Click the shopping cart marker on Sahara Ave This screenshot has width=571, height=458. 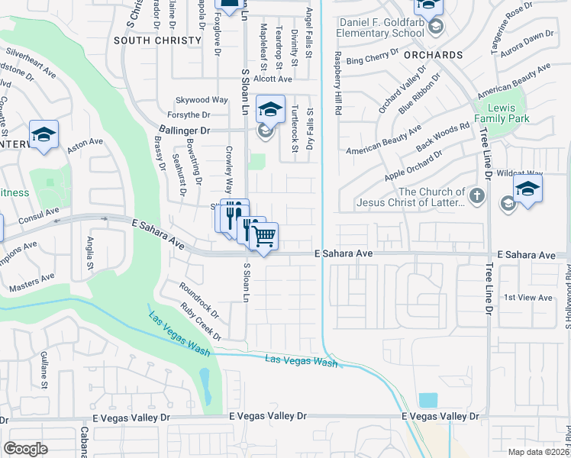(264, 236)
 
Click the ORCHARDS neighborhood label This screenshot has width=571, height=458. (433, 55)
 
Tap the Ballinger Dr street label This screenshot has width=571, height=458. (184, 131)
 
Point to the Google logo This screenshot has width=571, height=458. (25, 449)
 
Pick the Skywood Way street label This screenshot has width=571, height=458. (202, 100)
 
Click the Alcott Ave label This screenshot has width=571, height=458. (273, 79)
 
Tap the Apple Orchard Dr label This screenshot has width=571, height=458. (414, 166)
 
